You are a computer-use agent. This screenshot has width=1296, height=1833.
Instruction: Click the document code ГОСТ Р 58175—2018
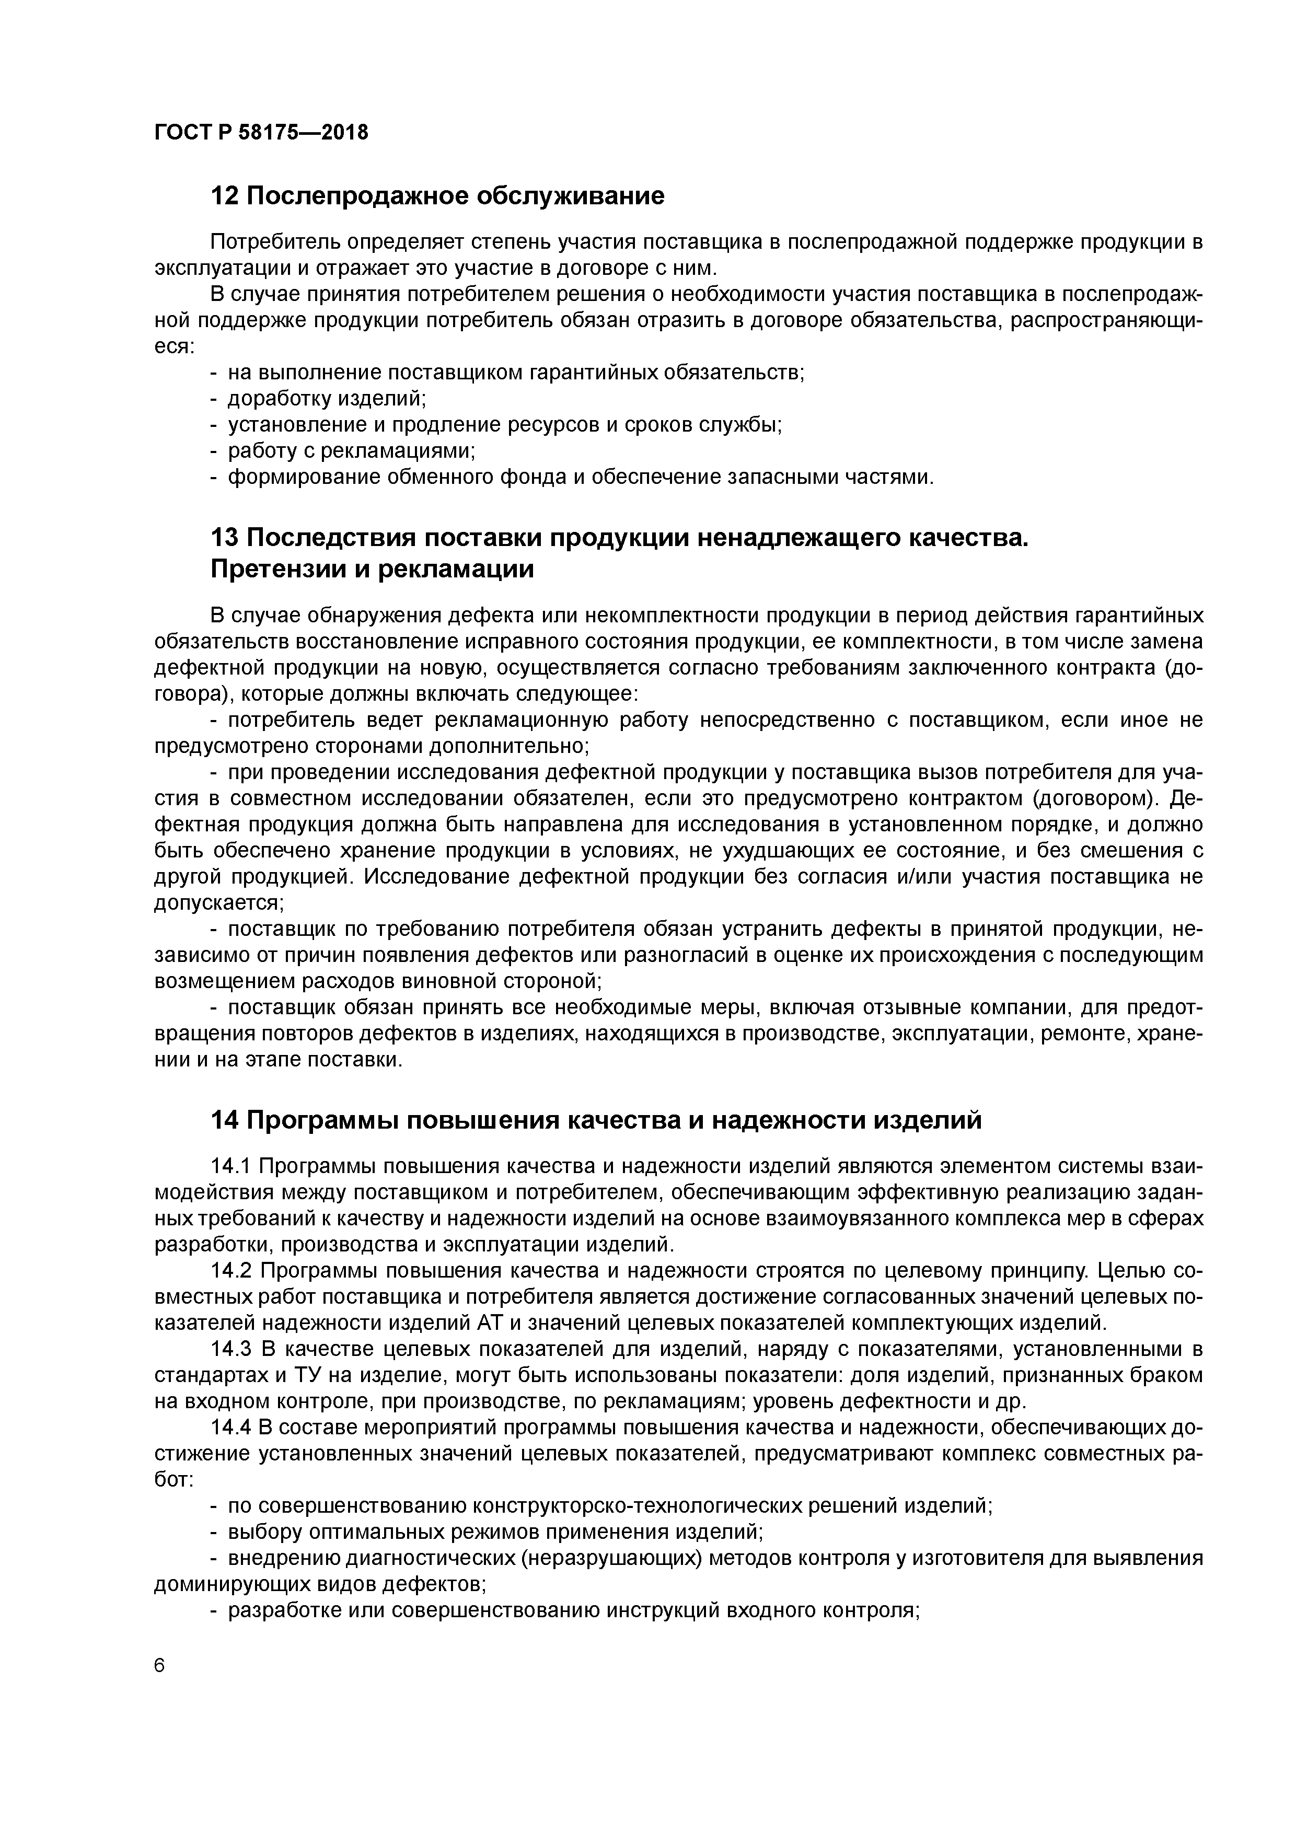click(x=261, y=133)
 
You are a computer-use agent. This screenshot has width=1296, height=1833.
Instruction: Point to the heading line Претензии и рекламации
click(x=372, y=570)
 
